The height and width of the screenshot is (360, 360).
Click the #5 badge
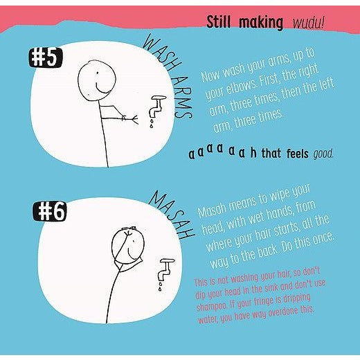pyautogui.click(x=45, y=58)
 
